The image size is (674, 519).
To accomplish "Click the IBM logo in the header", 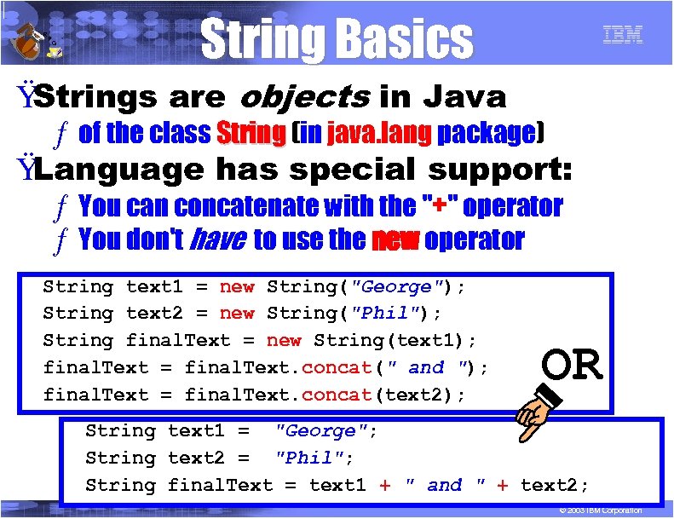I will (622, 36).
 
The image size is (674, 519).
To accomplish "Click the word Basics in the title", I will (404, 39).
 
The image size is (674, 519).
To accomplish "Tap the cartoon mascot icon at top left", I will (34, 37).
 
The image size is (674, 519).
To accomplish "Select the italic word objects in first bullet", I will (304, 97).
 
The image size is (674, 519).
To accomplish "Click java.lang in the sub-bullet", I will (378, 133).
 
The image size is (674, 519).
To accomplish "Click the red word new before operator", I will (395, 240).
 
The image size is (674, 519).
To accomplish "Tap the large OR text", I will (572, 366).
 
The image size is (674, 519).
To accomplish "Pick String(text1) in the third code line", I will (388, 341).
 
